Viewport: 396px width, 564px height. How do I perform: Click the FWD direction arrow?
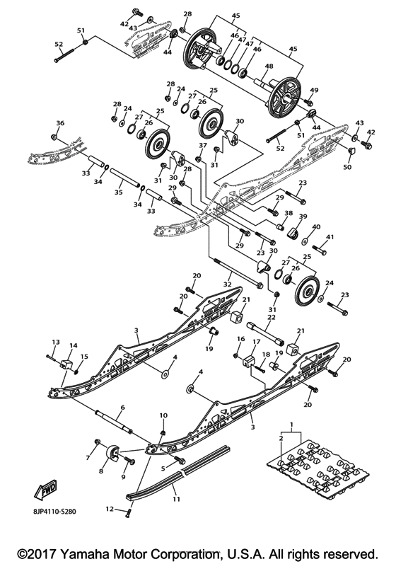coord(45,489)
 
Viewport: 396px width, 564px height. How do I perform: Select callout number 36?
coord(60,124)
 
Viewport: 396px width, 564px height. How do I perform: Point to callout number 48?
coord(269,67)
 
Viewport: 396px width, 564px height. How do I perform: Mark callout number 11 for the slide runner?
coord(177,499)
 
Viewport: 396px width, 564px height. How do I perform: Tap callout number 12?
coord(110,508)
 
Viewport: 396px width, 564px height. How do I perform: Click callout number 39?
coord(303,217)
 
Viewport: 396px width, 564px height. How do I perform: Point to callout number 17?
coord(248,340)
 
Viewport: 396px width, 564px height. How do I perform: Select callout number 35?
coord(118,192)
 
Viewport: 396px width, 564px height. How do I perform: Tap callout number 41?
coord(329,236)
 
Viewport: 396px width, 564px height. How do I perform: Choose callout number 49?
coord(314,90)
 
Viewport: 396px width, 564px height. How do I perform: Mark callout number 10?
coord(163,415)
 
